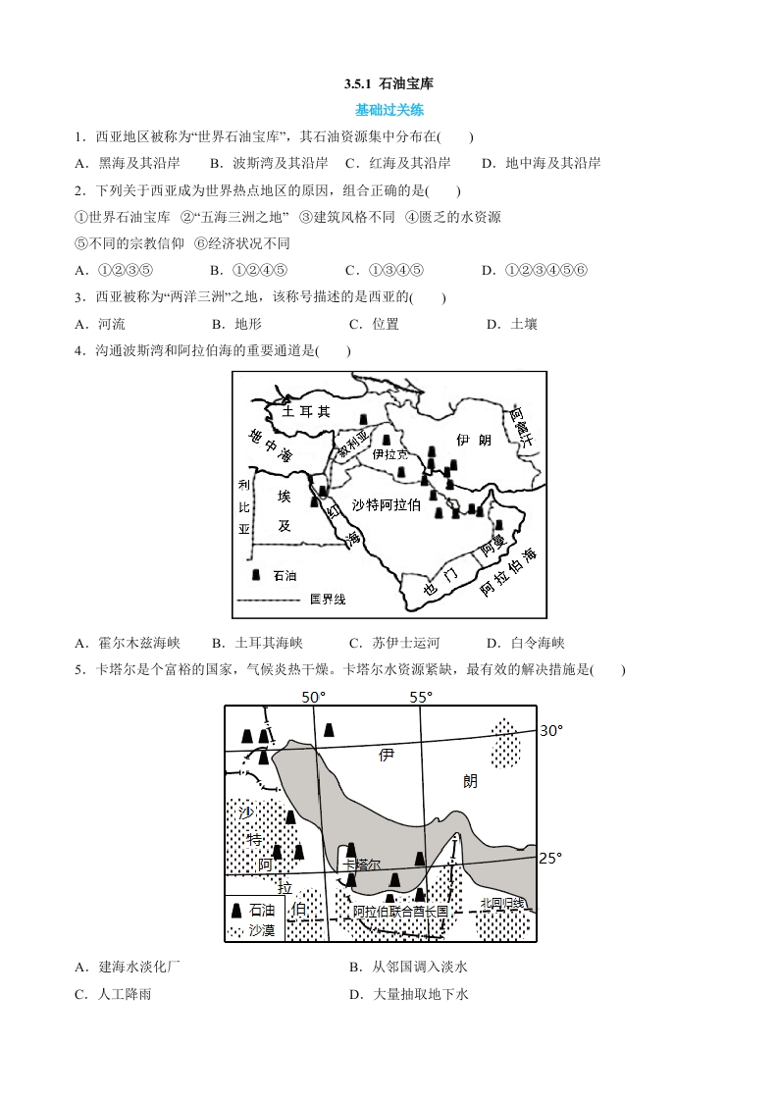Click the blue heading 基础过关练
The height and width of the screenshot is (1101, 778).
tap(389, 110)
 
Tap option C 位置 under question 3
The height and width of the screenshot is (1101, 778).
tap(374, 324)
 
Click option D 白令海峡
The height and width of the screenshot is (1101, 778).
tap(526, 643)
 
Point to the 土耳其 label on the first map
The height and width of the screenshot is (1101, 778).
tap(306, 412)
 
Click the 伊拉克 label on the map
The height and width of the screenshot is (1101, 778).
tap(389, 454)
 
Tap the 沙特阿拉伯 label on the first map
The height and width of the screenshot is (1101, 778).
tap(387, 504)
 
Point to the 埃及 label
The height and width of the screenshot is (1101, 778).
tap(285, 510)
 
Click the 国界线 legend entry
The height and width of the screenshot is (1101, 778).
tap(327, 599)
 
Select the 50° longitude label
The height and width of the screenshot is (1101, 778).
tap(313, 697)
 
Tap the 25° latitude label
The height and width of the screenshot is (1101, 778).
tap(550, 858)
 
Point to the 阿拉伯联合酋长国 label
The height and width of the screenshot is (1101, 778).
tap(400, 911)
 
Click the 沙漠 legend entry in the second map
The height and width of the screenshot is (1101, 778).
tap(261, 928)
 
